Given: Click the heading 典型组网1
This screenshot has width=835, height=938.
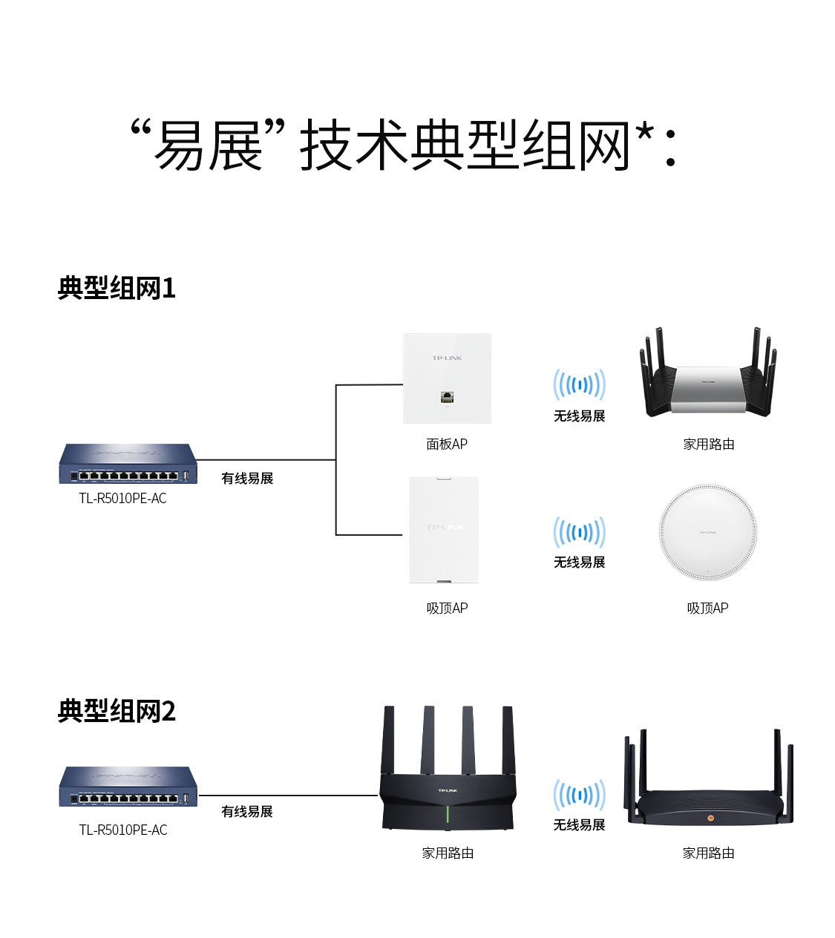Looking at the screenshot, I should click(117, 288).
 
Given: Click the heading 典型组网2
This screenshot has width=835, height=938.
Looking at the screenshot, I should click(117, 711).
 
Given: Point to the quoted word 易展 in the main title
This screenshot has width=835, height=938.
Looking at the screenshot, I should click(208, 145).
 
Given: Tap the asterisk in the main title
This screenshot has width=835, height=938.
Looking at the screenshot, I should click(644, 135).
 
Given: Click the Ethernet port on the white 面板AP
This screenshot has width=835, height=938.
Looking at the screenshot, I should click(447, 396).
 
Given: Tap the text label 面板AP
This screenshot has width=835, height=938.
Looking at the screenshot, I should click(447, 444).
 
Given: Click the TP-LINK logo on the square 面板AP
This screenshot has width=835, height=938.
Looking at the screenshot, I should click(447, 358).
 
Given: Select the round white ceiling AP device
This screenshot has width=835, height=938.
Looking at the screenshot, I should click(708, 531).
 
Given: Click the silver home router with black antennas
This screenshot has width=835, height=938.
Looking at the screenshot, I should click(708, 378).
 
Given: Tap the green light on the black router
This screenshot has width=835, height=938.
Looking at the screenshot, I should click(448, 816).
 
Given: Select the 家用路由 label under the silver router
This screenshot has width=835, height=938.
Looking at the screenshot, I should click(709, 444).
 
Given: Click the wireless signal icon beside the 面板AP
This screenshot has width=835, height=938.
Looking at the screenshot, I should click(579, 384).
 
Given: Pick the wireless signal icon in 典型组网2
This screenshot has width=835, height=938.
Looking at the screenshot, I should click(579, 796).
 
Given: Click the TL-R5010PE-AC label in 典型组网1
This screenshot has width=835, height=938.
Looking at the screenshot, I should click(123, 498).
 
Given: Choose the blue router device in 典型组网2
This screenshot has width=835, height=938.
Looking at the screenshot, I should click(128, 787).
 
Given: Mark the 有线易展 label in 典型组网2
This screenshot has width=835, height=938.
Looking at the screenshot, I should click(247, 811).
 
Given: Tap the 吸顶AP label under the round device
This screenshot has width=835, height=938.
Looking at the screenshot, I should click(707, 608).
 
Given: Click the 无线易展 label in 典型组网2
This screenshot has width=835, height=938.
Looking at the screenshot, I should click(579, 824).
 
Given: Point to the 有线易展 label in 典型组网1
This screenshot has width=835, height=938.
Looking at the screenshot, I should click(247, 478).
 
